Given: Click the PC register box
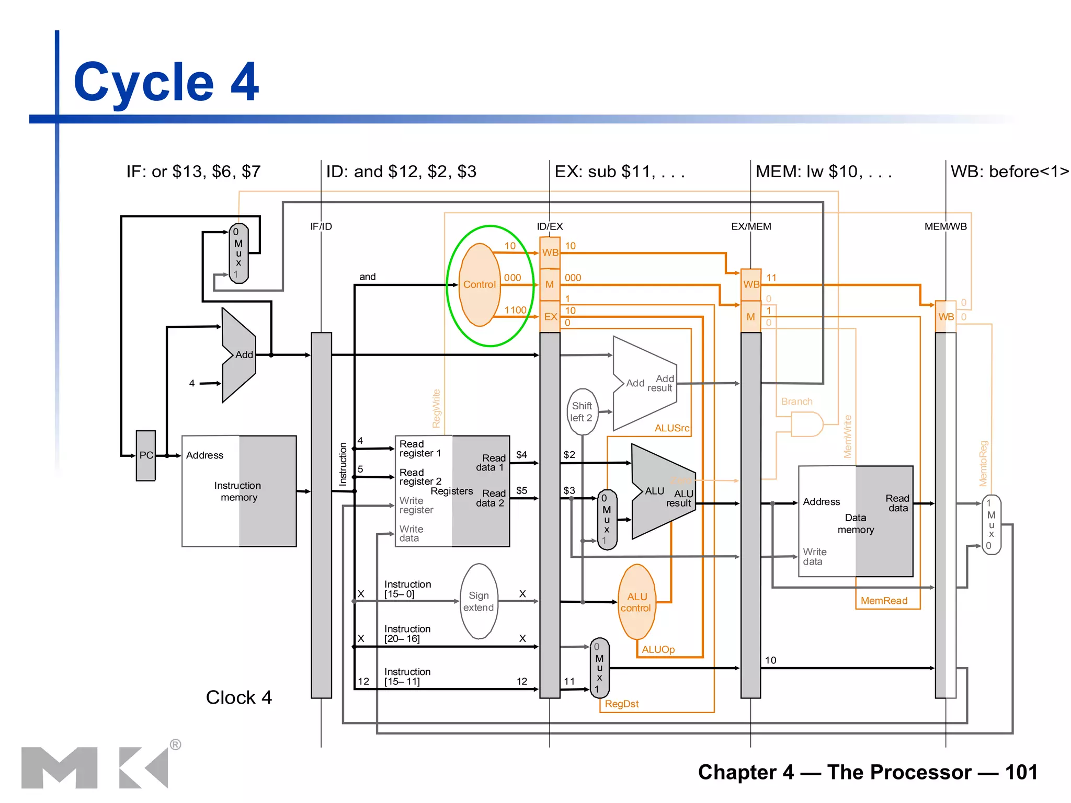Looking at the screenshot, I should [x=146, y=455].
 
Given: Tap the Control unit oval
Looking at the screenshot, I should [x=479, y=285].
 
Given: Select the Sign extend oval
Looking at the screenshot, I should [x=478, y=601].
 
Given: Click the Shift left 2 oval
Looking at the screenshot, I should [x=582, y=412].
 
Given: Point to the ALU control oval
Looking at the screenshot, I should [x=636, y=602].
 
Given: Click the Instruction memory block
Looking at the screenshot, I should [x=239, y=491].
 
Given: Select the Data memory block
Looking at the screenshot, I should [x=856, y=522].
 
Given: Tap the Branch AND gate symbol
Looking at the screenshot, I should [x=806, y=424].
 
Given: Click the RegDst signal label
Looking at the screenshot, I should [x=621, y=704].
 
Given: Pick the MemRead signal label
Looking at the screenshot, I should [x=884, y=601].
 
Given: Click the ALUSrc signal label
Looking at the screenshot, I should [x=671, y=428].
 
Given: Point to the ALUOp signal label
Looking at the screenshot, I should [x=658, y=649].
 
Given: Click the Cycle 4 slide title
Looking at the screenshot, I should [x=166, y=82].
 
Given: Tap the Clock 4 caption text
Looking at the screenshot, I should [x=238, y=697].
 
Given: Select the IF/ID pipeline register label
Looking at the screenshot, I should [x=321, y=226].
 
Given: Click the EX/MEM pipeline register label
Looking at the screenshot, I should [x=751, y=226].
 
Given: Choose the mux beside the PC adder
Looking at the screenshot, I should [x=238, y=254].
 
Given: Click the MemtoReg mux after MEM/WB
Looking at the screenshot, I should [x=991, y=524].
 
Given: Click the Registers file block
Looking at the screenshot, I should [x=452, y=491].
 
